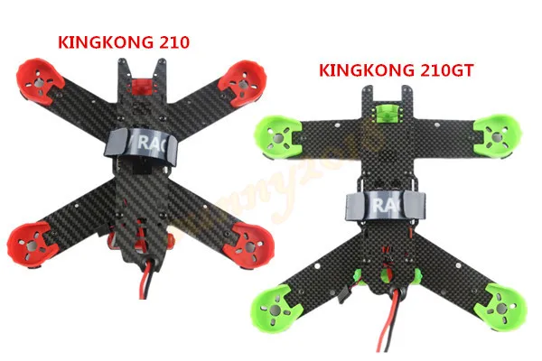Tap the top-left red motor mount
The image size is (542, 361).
[40, 82]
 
